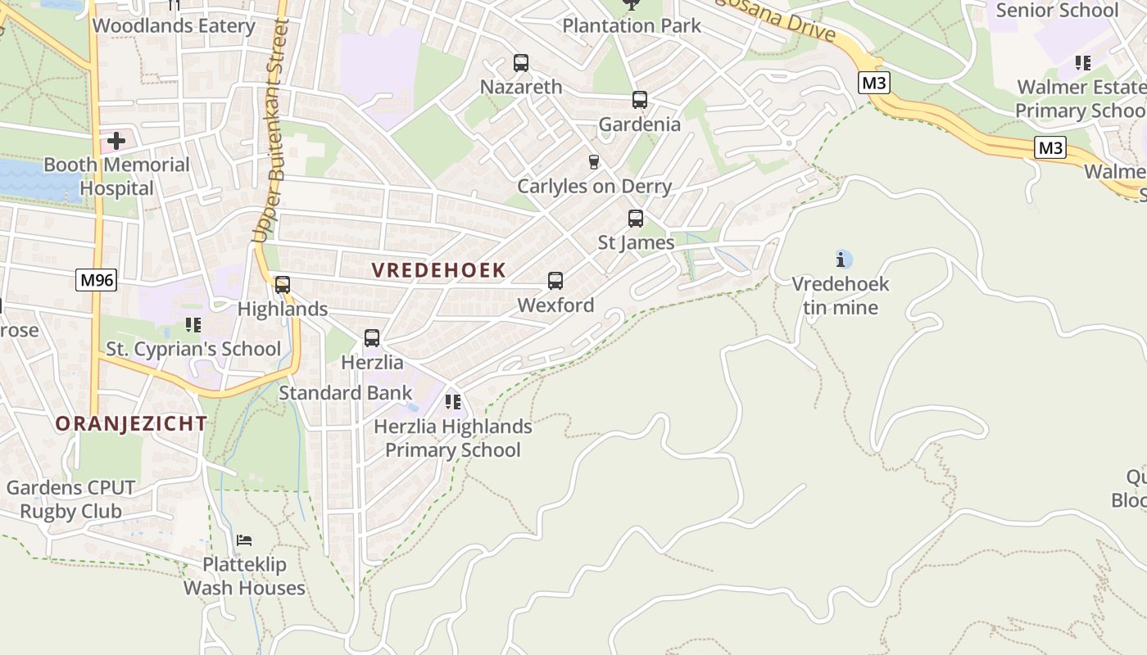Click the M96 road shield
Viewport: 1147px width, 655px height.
[97, 280]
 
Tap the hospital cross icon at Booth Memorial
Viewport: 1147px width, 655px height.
[116, 141]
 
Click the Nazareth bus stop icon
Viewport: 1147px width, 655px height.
[520, 63]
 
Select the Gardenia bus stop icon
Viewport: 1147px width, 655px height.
[639, 101]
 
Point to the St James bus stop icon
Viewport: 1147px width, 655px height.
[635, 219]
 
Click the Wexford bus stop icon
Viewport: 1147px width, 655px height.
[555, 282]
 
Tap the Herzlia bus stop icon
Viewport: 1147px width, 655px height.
[371, 338]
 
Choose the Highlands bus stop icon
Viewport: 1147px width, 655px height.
[282, 285]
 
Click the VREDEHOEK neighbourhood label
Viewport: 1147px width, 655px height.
[438, 270]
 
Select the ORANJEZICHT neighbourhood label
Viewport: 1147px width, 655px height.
[131, 423]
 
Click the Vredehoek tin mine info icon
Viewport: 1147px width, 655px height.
[841, 260]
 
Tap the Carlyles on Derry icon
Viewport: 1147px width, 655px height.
[594, 162]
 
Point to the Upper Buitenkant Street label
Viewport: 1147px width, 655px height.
[272, 131]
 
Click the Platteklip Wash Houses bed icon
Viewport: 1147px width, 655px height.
[244, 540]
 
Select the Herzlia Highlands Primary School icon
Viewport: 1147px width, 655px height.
[452, 402]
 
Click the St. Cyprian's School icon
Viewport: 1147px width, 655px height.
[193, 325]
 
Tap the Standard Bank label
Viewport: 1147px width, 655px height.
[345, 393]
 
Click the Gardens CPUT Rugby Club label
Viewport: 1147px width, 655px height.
[70, 499]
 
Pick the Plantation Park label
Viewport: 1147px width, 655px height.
[631, 25]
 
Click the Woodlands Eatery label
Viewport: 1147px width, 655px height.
[174, 25]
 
